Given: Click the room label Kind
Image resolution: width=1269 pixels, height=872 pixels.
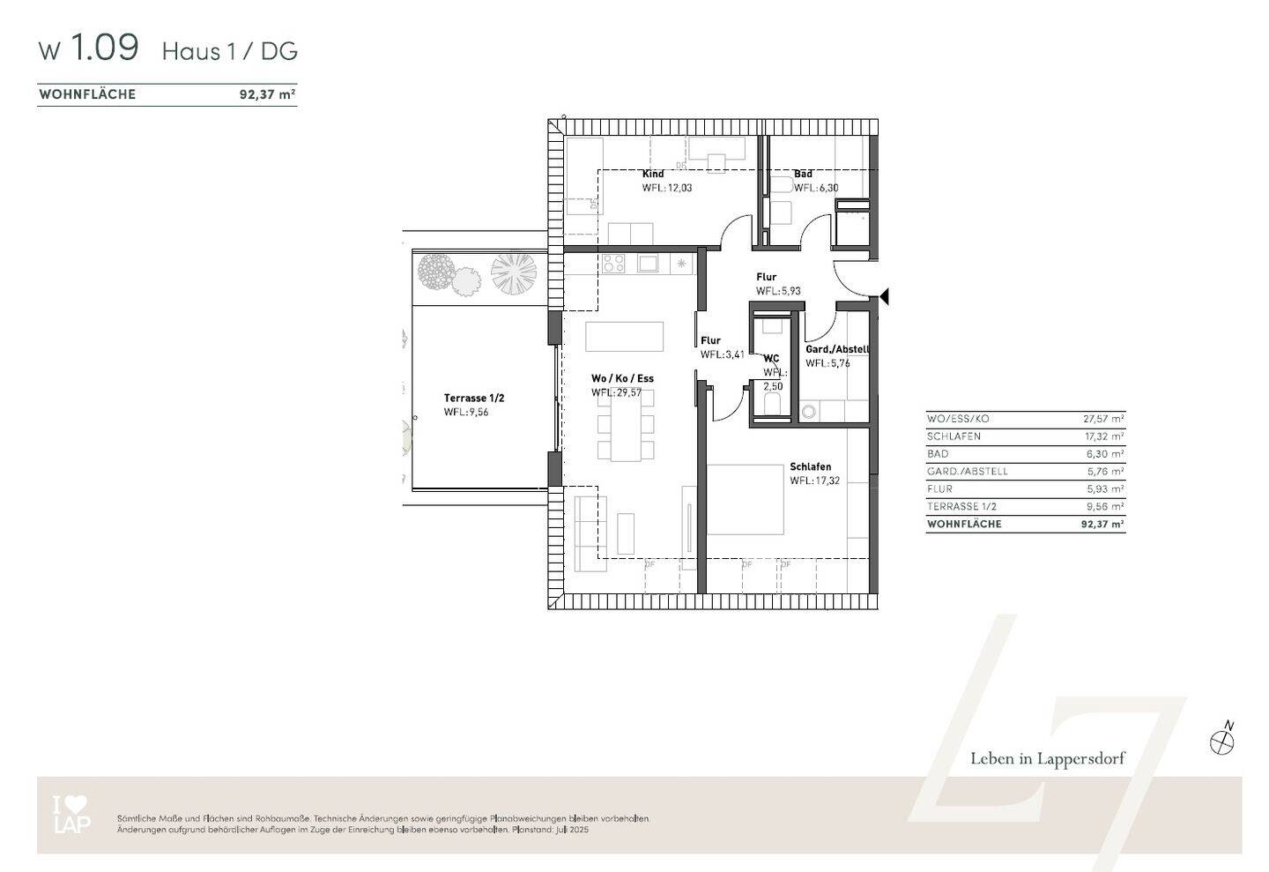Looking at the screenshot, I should click(652, 174).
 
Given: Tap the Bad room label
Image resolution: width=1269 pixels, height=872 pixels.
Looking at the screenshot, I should click(802, 174).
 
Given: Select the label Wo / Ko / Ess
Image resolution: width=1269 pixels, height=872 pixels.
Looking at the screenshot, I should click(622, 378).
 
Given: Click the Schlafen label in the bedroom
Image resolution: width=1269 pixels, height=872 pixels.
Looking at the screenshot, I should click(810, 466).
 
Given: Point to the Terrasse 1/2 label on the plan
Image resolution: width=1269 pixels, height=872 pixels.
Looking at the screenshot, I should click(473, 398).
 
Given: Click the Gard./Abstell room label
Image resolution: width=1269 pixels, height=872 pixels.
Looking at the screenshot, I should click(836, 349).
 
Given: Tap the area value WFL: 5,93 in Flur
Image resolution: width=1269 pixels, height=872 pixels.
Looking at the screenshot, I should click(777, 291).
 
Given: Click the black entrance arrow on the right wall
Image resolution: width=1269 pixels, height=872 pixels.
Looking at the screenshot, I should click(884, 297).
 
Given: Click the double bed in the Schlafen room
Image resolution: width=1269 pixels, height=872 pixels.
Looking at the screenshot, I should click(745, 499).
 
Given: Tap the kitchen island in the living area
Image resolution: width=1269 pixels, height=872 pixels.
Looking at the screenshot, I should click(624, 337).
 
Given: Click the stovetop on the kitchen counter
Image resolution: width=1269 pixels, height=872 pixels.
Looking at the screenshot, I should click(613, 263).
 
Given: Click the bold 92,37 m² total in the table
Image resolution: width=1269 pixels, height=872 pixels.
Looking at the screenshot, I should click(1102, 524).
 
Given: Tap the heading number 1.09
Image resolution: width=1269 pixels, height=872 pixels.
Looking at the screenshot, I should click(104, 48).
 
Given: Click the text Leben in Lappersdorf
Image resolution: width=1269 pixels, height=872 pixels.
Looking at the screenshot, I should click(1047, 758).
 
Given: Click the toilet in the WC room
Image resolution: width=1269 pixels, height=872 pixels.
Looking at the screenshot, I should click(772, 405).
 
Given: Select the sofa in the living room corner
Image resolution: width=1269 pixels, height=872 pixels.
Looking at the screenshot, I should click(590, 533).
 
